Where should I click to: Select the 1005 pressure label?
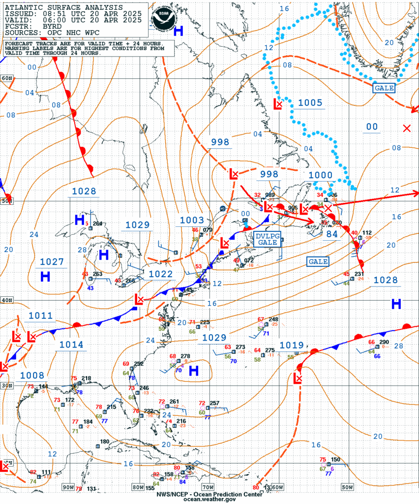(x=310, y=103)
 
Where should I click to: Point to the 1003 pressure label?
(x=192, y=220)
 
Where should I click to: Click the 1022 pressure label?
(x=161, y=275)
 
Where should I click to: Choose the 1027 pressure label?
(x=52, y=262)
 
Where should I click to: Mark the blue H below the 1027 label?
(x=45, y=277)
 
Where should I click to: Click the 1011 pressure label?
(x=40, y=316)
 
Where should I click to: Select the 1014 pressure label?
(x=71, y=345)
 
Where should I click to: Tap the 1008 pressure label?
(x=32, y=376)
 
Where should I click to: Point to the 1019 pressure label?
(x=292, y=345)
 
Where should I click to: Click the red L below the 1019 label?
(x=298, y=378)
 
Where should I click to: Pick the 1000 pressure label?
(x=321, y=175)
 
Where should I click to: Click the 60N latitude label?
(x=6, y=79)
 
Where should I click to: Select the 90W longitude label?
(x=67, y=487)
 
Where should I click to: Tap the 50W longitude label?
(x=347, y=487)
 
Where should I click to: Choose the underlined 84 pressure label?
(x=332, y=234)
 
